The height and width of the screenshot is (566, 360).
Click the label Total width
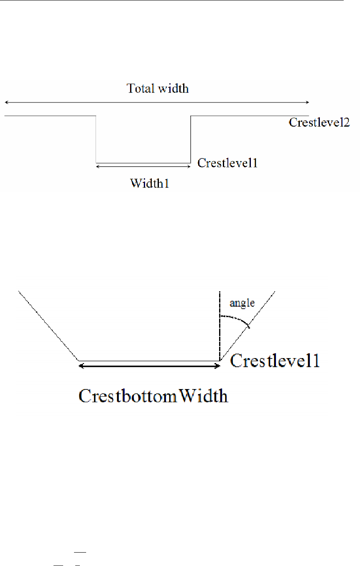coord(158,89)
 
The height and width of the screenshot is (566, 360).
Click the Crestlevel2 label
coord(319,123)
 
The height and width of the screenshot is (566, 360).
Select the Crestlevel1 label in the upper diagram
coord(227,163)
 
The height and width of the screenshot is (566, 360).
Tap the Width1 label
coord(149,183)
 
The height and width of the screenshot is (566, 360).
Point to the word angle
coord(243,303)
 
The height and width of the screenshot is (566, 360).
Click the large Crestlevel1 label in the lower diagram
coord(275,361)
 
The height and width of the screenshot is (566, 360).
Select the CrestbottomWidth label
coord(153,395)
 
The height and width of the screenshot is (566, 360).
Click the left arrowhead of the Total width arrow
coord(6,102)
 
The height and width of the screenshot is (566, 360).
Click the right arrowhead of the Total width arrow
coord(307,102)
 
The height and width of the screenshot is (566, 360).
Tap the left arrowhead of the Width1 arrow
coord(98,166)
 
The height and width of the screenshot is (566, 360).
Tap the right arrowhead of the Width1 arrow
coord(189,166)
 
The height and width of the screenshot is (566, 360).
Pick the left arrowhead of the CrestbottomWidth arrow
coord(82,366)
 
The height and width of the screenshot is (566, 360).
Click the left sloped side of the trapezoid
coord(48,326)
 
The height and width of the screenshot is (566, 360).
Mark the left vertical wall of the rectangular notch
coord(96,139)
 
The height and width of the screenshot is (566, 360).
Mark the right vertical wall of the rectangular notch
coord(191,139)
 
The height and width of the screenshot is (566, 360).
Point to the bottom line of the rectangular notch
coord(143,163)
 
